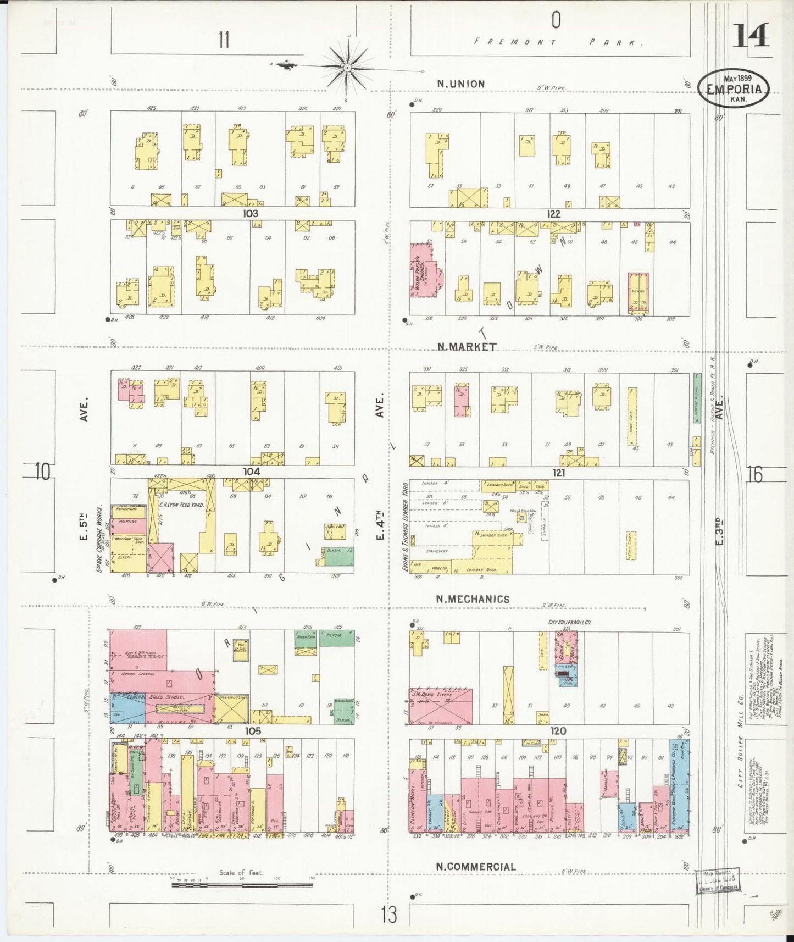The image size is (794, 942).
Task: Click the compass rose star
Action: (347, 68)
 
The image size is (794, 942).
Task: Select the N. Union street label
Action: (460, 84)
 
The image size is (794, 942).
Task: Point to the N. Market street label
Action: (467, 346)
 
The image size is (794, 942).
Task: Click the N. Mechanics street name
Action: (473, 599)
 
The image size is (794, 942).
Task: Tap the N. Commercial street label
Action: (476, 866)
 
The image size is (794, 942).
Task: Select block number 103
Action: (251, 213)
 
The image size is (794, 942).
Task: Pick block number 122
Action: (553, 214)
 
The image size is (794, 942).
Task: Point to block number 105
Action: (252, 731)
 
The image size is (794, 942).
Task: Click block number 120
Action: (558, 731)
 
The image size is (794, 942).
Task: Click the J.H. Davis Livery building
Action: (441, 705)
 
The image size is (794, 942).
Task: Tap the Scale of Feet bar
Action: (242, 884)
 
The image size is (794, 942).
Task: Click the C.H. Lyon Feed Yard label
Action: (181, 505)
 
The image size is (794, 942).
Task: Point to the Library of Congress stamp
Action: (717, 882)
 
